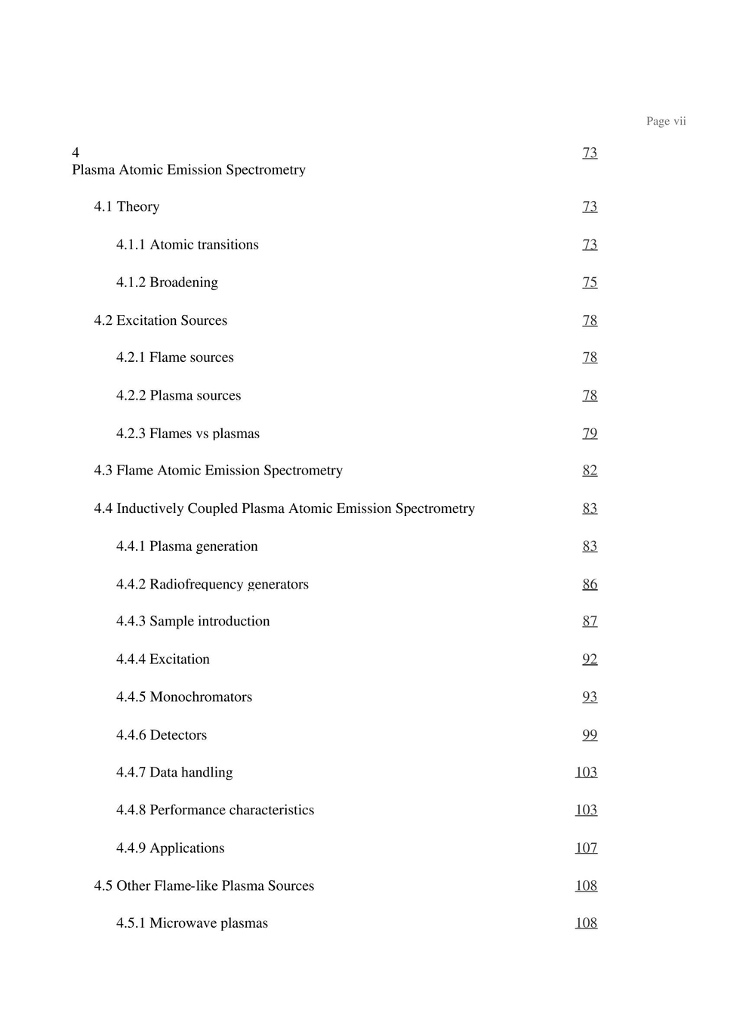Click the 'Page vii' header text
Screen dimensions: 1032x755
click(665, 121)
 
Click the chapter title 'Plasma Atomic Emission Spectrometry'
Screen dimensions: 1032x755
click(189, 170)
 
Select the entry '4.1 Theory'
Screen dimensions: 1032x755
click(126, 207)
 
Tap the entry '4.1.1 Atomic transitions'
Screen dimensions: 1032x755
click(187, 245)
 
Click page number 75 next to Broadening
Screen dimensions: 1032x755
click(590, 283)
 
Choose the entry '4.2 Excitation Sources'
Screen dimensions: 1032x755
click(160, 320)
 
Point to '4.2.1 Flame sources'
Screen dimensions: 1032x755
click(174, 357)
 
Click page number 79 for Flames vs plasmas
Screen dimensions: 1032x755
click(590, 434)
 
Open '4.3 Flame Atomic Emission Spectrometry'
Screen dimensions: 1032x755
click(218, 471)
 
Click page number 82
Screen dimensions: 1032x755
click(590, 471)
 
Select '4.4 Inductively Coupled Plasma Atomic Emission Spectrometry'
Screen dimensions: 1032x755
click(284, 508)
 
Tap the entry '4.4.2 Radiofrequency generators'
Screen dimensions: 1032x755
click(212, 584)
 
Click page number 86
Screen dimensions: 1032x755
click(590, 584)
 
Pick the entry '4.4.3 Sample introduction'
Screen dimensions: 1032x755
click(193, 621)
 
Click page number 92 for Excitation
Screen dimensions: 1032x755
click(590, 659)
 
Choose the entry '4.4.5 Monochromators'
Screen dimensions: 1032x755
click(184, 697)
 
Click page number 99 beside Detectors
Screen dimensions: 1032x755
click(590, 735)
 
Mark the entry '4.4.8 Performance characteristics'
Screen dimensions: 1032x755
click(215, 810)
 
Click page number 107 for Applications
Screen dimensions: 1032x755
click(586, 848)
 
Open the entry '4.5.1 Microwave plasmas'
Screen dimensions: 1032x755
click(192, 923)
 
